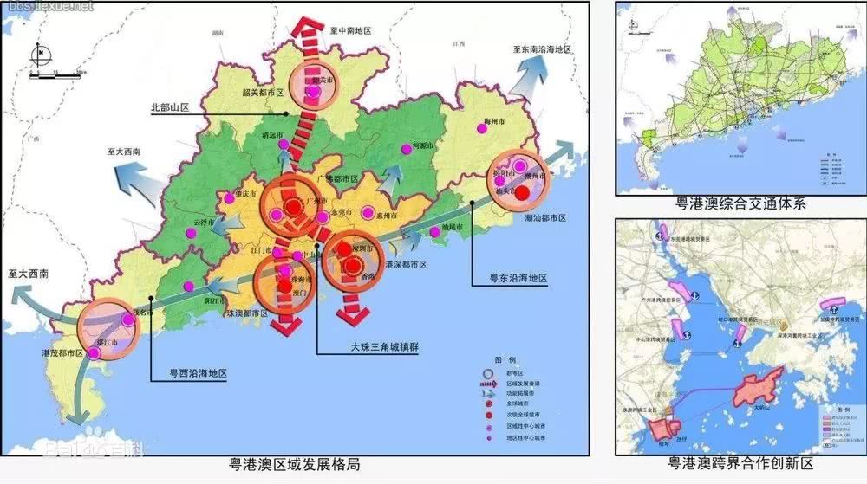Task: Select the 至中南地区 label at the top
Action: [350, 29]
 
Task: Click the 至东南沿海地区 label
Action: [542, 51]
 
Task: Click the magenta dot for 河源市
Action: [404, 149]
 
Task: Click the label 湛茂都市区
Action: [62, 354]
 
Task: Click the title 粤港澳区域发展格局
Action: [290, 465]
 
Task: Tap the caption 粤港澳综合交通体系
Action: [741, 204]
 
